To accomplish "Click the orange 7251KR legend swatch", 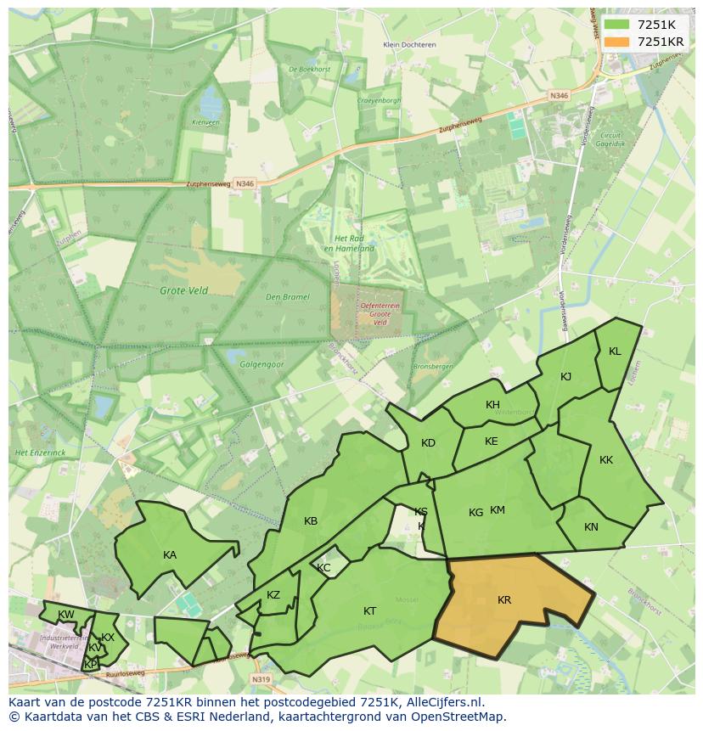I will (617, 41).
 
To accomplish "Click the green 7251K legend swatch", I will (617, 24).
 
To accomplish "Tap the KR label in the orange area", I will (504, 600).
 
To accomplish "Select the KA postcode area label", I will (170, 555).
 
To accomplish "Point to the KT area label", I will (370, 611).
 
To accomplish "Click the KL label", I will (615, 351).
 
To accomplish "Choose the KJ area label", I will (566, 377).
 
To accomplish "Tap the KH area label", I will (492, 405).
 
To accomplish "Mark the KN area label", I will (591, 527).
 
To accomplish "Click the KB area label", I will (311, 521).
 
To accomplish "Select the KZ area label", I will (273, 595).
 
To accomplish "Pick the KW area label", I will (65, 615).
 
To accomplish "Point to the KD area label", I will (428, 443).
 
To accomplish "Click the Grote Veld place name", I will (183, 290).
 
